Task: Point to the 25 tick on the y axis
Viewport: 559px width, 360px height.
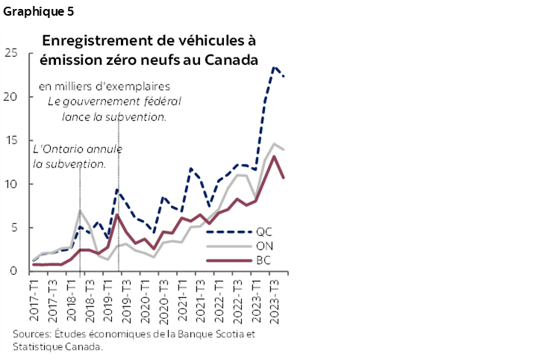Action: (10, 52)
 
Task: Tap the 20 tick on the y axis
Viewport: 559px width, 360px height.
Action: (10, 96)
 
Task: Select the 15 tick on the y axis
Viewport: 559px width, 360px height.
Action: (10, 140)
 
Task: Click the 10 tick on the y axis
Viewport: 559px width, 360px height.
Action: (10, 184)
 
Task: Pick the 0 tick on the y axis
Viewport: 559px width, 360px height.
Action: (14, 272)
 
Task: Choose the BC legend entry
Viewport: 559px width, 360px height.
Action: (263, 261)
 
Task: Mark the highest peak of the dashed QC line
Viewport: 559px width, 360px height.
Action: (275, 67)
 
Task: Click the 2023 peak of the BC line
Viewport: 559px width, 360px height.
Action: (275, 156)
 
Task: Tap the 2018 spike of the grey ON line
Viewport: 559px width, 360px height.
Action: (81, 211)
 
